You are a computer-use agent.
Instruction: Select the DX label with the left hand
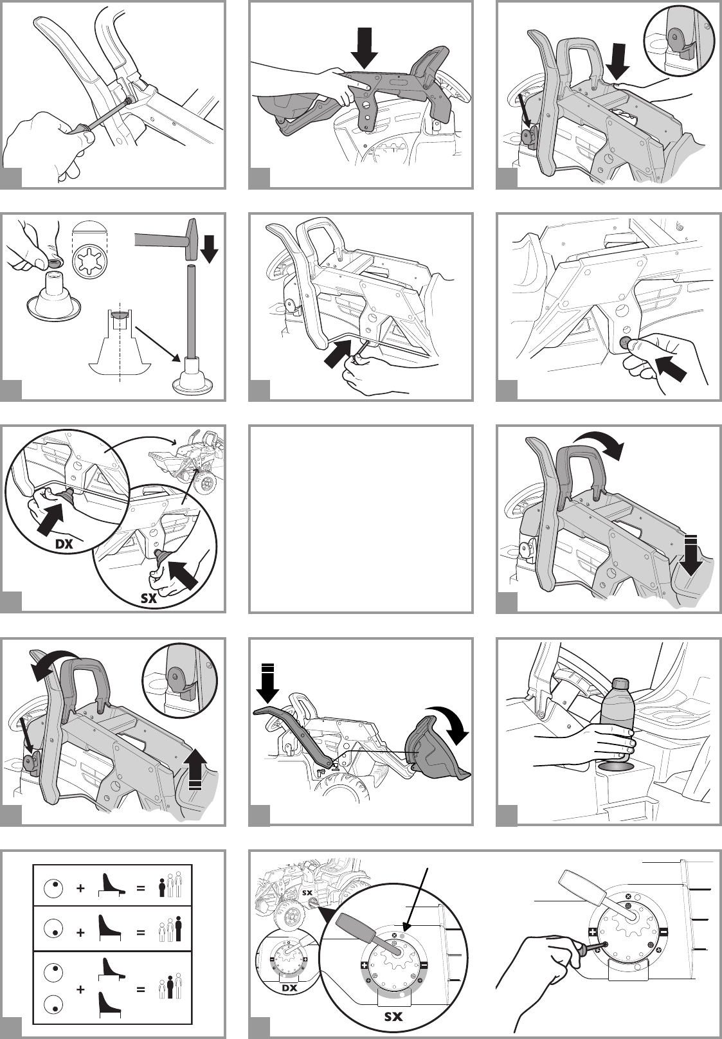[x=64, y=544]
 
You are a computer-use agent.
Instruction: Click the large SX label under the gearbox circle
[x=393, y=1016]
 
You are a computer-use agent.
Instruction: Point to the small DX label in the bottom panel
[x=289, y=988]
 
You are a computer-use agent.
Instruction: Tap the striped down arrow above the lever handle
[x=267, y=683]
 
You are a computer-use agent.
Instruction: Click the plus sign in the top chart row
[x=80, y=889]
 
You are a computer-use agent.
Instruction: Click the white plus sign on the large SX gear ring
[x=365, y=965]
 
